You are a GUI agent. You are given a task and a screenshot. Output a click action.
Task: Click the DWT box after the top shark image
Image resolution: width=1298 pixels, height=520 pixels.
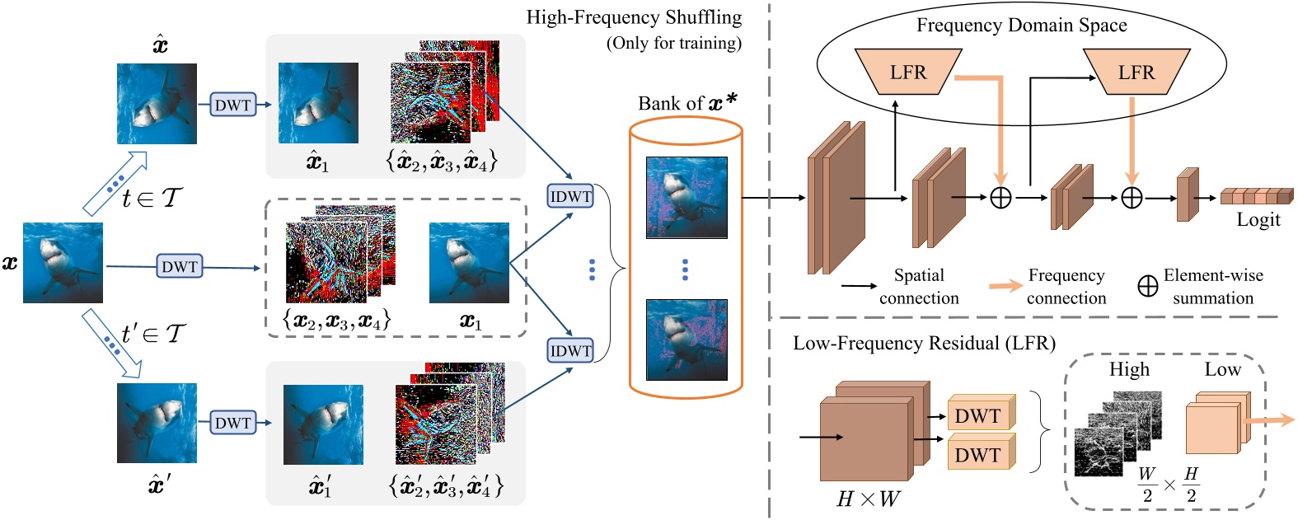pyautogui.click(x=232, y=105)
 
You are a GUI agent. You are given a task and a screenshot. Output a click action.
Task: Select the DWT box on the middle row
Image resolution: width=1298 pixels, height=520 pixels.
pyautogui.click(x=180, y=266)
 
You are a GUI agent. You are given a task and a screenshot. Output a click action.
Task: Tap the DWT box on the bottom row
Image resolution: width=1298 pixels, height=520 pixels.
pyautogui.click(x=232, y=423)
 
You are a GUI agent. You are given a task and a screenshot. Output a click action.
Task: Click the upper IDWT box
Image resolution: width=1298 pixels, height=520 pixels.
pyautogui.click(x=570, y=197)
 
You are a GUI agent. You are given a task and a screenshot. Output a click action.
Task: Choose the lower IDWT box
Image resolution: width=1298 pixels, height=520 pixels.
pyautogui.click(x=570, y=350)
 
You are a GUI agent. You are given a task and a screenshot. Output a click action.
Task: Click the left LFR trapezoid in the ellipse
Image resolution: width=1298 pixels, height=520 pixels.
pyautogui.click(x=908, y=72)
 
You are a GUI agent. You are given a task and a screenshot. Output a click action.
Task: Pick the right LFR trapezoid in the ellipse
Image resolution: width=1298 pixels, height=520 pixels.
pyautogui.click(x=1136, y=72)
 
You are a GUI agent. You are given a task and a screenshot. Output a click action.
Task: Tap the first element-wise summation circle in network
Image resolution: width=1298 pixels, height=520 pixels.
pyautogui.click(x=1000, y=198)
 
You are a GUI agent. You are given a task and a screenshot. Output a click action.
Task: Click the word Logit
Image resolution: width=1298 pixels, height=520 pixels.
pyautogui.click(x=1258, y=219)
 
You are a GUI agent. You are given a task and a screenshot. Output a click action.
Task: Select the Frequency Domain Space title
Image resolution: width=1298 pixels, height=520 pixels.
pyautogui.click(x=1021, y=25)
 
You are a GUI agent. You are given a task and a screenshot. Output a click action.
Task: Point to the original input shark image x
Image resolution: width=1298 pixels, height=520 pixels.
pyautogui.click(x=63, y=263)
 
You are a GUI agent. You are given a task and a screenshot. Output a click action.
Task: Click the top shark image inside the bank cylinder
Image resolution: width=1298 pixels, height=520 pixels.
pyautogui.click(x=686, y=198)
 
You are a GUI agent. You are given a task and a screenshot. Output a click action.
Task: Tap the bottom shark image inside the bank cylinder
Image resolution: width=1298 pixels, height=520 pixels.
pyautogui.click(x=686, y=340)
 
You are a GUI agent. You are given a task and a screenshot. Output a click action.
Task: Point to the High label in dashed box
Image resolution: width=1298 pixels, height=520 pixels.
pyautogui.click(x=1128, y=369)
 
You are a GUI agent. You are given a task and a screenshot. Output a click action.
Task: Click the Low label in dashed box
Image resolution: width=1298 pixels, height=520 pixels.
pyautogui.click(x=1222, y=369)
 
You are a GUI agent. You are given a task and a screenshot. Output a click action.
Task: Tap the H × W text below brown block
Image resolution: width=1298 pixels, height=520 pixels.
pyautogui.click(x=867, y=499)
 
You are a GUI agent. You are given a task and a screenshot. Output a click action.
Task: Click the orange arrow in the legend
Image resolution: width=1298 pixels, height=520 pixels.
pyautogui.click(x=1005, y=286)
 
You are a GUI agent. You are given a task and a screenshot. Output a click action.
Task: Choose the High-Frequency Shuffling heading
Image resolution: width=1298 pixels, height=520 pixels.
pyautogui.click(x=633, y=17)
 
